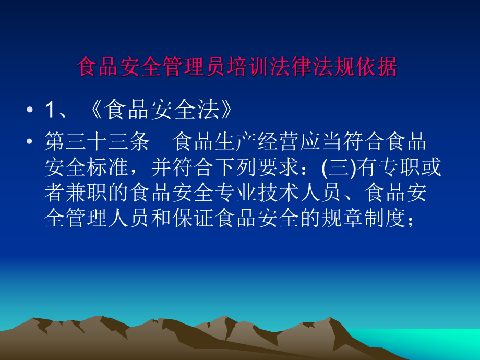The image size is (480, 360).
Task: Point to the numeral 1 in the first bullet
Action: (50, 111)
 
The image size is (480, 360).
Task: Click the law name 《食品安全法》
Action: (157, 111)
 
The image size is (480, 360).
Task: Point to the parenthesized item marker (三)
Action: (339, 168)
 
